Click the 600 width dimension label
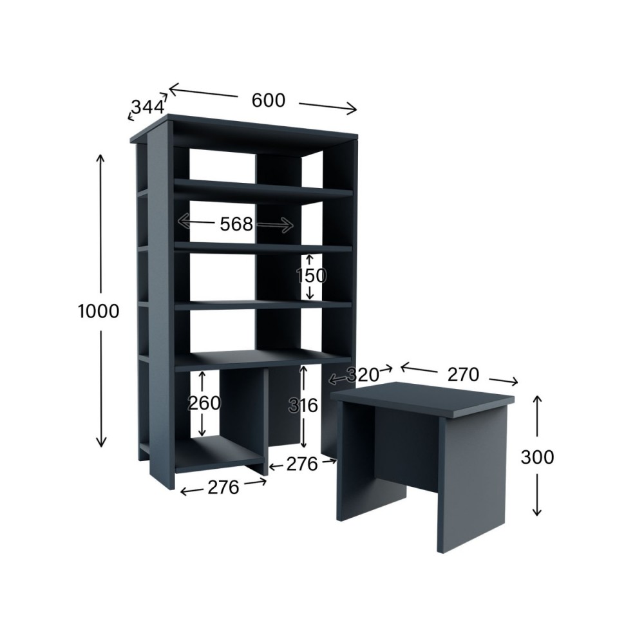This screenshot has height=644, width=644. (268, 100)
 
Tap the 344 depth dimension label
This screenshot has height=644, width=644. (148, 107)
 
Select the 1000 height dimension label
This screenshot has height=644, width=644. (99, 311)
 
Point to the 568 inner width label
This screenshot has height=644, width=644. (236, 224)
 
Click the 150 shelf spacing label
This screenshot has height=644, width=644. (311, 276)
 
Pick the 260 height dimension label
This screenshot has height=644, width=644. (204, 403)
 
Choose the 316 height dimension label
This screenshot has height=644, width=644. (303, 406)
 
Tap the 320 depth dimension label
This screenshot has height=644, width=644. (363, 375)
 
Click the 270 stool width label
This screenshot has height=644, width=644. (463, 375)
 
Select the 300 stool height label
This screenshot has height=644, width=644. (537, 457)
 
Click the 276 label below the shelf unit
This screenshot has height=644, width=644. (223, 488)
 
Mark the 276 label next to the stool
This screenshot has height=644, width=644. (302, 464)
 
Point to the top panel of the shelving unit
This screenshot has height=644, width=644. (244, 129)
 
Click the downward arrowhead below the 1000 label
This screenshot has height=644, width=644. (100, 442)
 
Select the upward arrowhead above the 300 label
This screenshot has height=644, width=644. (537, 400)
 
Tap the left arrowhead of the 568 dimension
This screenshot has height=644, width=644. (183, 221)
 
